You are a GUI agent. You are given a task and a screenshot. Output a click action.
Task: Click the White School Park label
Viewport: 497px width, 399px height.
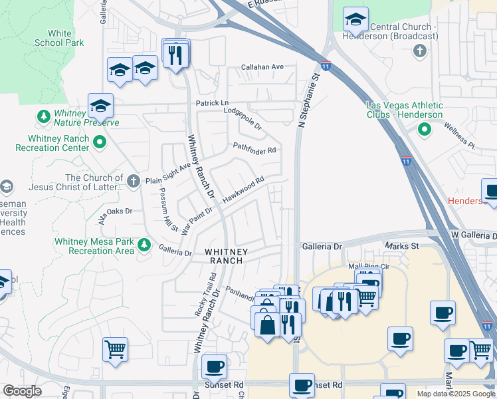coord(60,38)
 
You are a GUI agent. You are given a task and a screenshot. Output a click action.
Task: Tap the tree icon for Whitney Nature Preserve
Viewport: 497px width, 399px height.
coord(44,117)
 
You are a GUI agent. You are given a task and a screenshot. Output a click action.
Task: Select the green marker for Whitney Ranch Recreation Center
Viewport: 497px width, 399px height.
coord(100,141)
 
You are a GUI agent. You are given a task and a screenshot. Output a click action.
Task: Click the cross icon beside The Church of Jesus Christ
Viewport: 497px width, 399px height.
coord(133,180)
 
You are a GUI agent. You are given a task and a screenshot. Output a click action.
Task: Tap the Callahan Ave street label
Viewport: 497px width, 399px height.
coord(262,67)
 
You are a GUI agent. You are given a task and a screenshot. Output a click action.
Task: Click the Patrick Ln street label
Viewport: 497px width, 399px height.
coord(212,104)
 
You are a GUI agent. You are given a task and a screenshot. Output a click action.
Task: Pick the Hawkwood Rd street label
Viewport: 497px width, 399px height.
coord(243,190)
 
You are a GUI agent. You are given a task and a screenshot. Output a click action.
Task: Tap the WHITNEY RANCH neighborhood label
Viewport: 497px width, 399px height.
coord(227,257)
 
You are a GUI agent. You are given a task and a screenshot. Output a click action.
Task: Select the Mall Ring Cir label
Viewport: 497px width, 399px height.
coord(368,266)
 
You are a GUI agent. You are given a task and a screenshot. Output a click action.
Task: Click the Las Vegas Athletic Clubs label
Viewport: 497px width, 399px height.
coord(405,110)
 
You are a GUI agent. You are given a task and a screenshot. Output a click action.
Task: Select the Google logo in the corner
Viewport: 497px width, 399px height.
coord(21,391)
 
